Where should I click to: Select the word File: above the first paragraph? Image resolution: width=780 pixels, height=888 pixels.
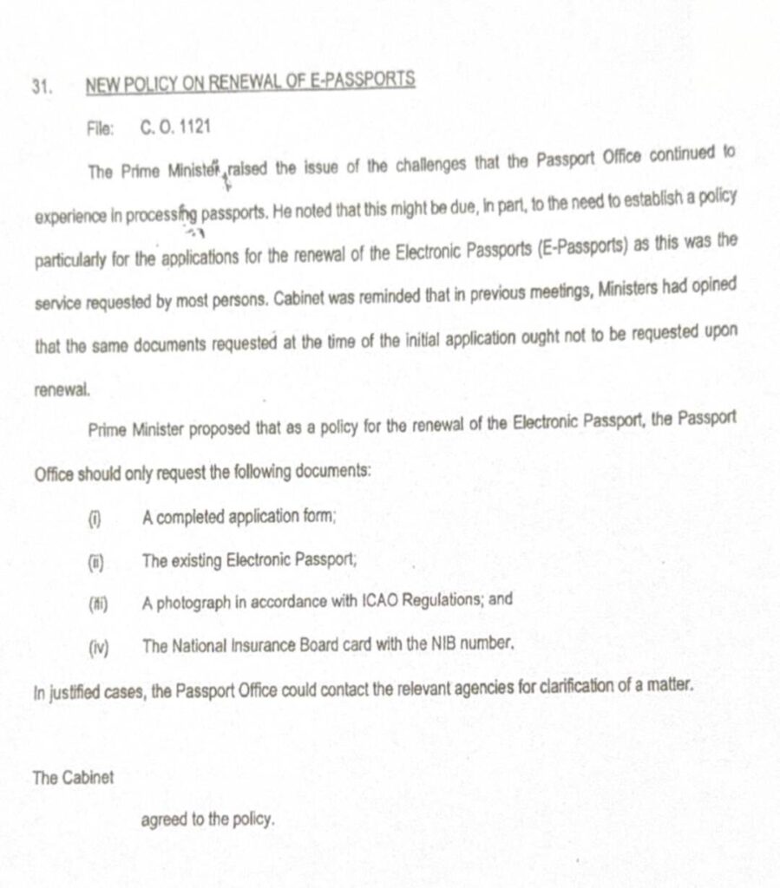101,128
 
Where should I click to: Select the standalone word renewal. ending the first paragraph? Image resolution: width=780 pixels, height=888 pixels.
61,390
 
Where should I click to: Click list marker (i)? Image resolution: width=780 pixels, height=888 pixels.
95,519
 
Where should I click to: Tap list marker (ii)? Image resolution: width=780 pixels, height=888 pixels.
95,561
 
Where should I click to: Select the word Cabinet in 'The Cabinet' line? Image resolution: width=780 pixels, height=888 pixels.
86,777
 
